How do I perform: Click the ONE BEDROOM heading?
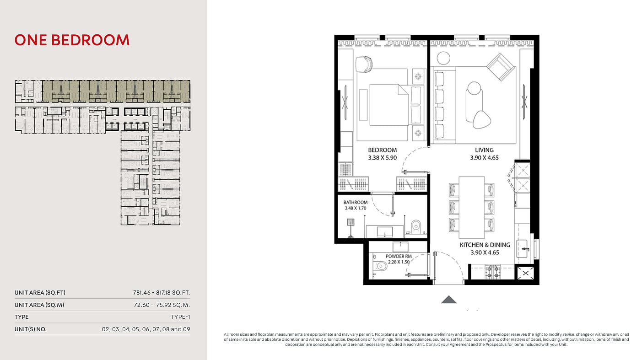point(72,40)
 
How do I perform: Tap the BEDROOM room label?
point(383,150)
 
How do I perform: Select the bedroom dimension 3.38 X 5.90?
point(383,158)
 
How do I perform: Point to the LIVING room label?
point(484,150)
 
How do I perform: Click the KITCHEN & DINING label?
point(485,245)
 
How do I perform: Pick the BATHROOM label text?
point(356,202)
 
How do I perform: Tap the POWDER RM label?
point(399,256)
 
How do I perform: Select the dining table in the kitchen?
point(472,207)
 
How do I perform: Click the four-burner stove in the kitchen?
point(492,272)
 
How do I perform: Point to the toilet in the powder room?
point(380,266)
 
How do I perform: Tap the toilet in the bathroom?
point(415,226)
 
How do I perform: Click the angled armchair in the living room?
point(500,67)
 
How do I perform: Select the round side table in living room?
point(443,58)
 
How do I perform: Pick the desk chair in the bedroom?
point(364,64)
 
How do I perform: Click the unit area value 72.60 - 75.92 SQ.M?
point(162,305)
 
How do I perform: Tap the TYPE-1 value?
point(180,317)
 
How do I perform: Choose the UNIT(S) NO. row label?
point(30,329)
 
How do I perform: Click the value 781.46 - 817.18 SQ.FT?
point(162,293)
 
